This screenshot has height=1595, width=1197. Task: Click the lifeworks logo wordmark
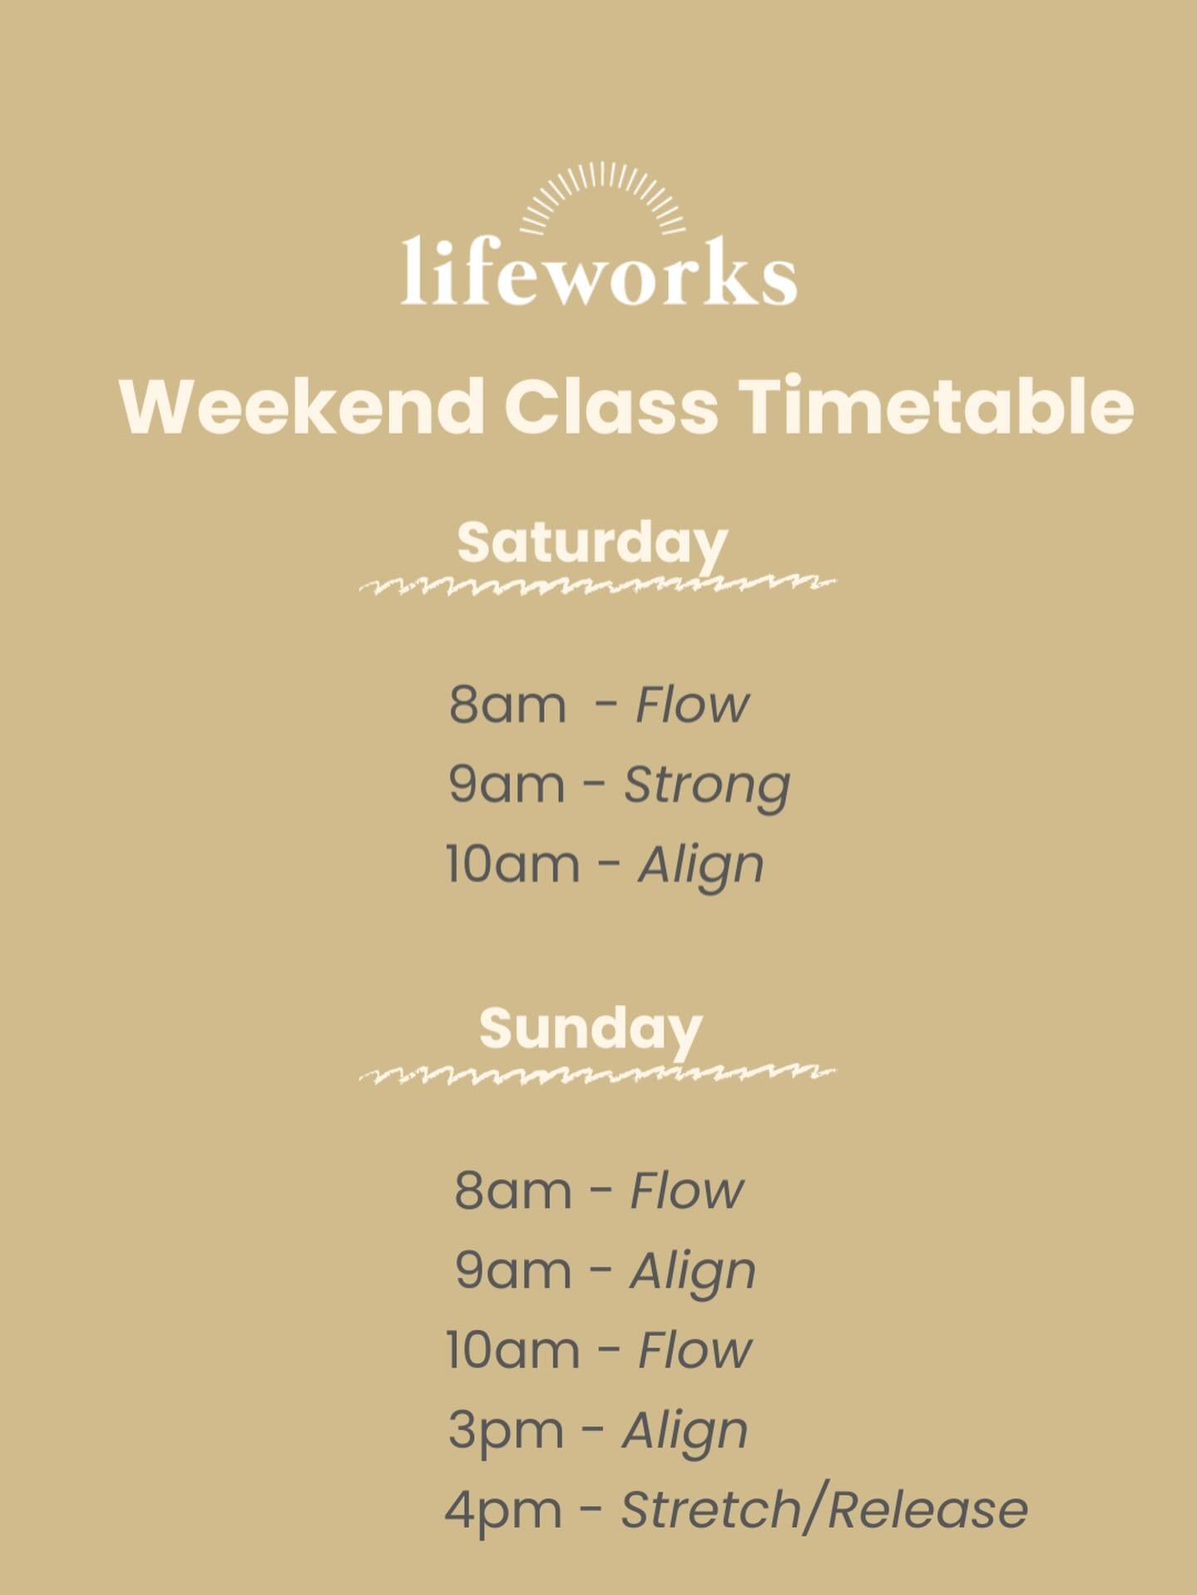pyautogui.click(x=599, y=271)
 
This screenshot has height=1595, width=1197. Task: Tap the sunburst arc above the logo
pyautogui.click(x=602, y=196)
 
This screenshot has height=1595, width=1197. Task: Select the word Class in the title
pyautogui.click(x=611, y=407)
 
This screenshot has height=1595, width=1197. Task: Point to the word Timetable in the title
pyautogui.click(x=937, y=407)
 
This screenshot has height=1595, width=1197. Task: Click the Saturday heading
pyautogui.click(x=591, y=542)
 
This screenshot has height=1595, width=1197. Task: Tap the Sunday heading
pyautogui.click(x=591, y=1028)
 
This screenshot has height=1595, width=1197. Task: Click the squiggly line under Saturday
pyautogui.click(x=597, y=585)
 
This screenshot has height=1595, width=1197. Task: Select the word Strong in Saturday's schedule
pyautogui.click(x=706, y=785)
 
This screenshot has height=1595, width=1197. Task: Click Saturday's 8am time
pyautogui.click(x=507, y=705)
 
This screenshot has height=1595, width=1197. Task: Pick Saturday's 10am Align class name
pyautogui.click(x=700, y=865)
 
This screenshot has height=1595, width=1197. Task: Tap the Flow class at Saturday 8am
pyautogui.click(x=691, y=705)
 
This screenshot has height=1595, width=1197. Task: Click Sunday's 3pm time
pyautogui.click(x=505, y=1431)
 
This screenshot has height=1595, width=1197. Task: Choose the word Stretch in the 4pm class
pyautogui.click(x=710, y=1509)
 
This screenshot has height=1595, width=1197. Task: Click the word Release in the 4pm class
pyautogui.click(x=927, y=1509)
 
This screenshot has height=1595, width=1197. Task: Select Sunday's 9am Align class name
pyautogui.click(x=693, y=1271)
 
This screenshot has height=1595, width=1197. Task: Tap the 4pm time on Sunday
pyautogui.click(x=503, y=1509)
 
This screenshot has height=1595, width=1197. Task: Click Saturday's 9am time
pyautogui.click(x=506, y=785)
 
